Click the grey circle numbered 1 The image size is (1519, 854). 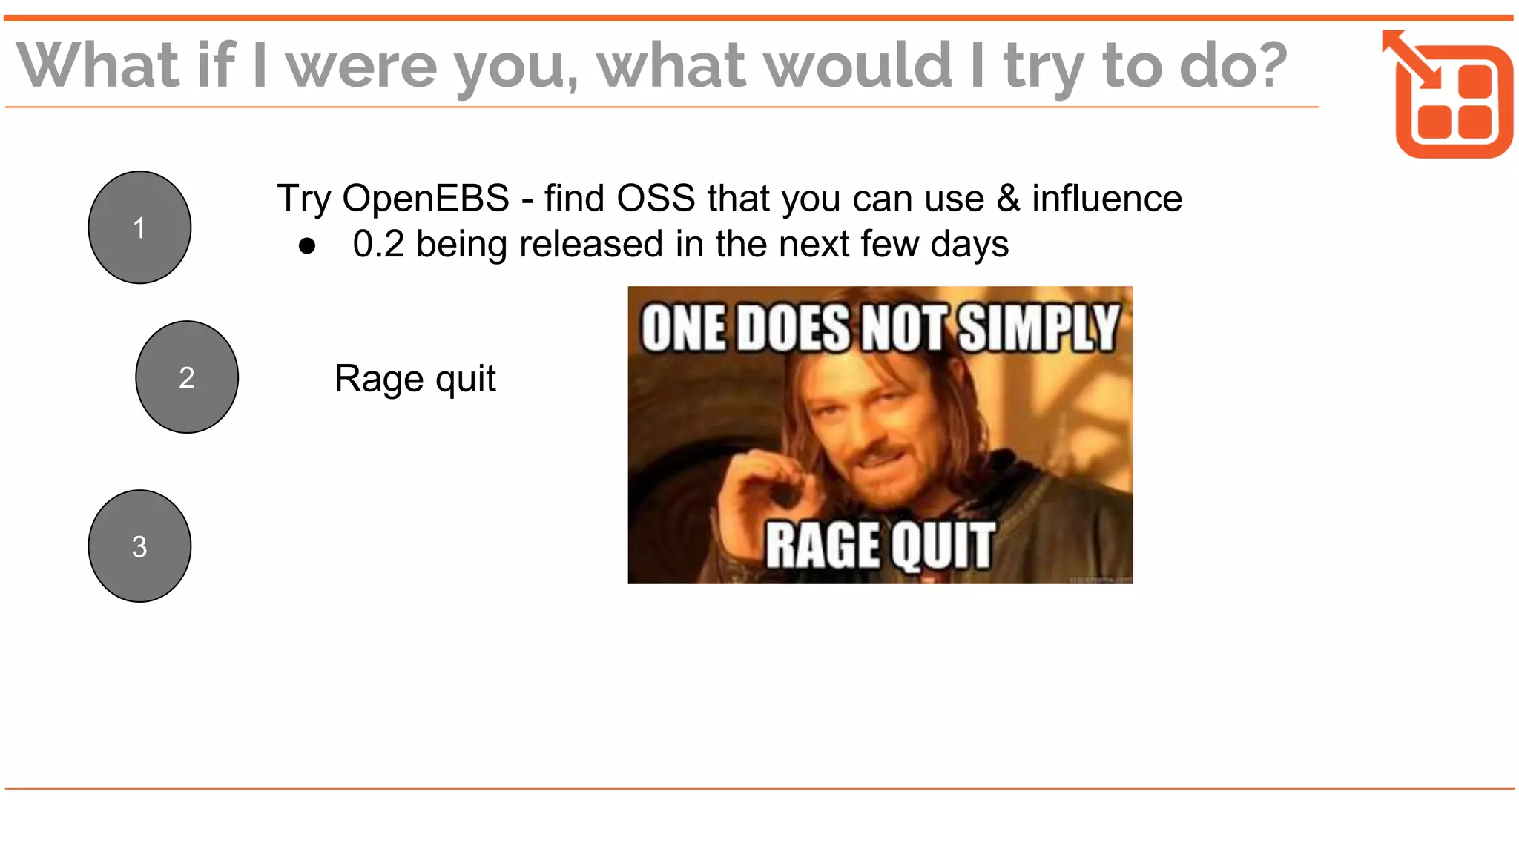pyautogui.click(x=139, y=228)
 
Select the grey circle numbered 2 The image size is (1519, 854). pyautogui.click(x=187, y=377)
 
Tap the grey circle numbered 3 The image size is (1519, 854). pyautogui.click(x=139, y=546)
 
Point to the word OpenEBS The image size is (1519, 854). pyautogui.click(x=426, y=199)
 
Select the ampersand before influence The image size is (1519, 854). pyautogui.click(x=1008, y=199)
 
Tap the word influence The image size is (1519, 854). pyautogui.click(x=1107, y=199)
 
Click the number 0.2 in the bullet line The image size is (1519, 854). pyautogui.click(x=378, y=244)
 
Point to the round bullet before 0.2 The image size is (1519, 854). pyautogui.click(x=307, y=246)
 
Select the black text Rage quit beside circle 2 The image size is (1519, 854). pyautogui.click(x=415, y=379)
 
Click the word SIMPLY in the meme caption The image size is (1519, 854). pyautogui.click(x=1038, y=328)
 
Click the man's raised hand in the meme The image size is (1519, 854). pyautogui.click(x=764, y=474)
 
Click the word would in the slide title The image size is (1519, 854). pyautogui.click(x=857, y=65)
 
